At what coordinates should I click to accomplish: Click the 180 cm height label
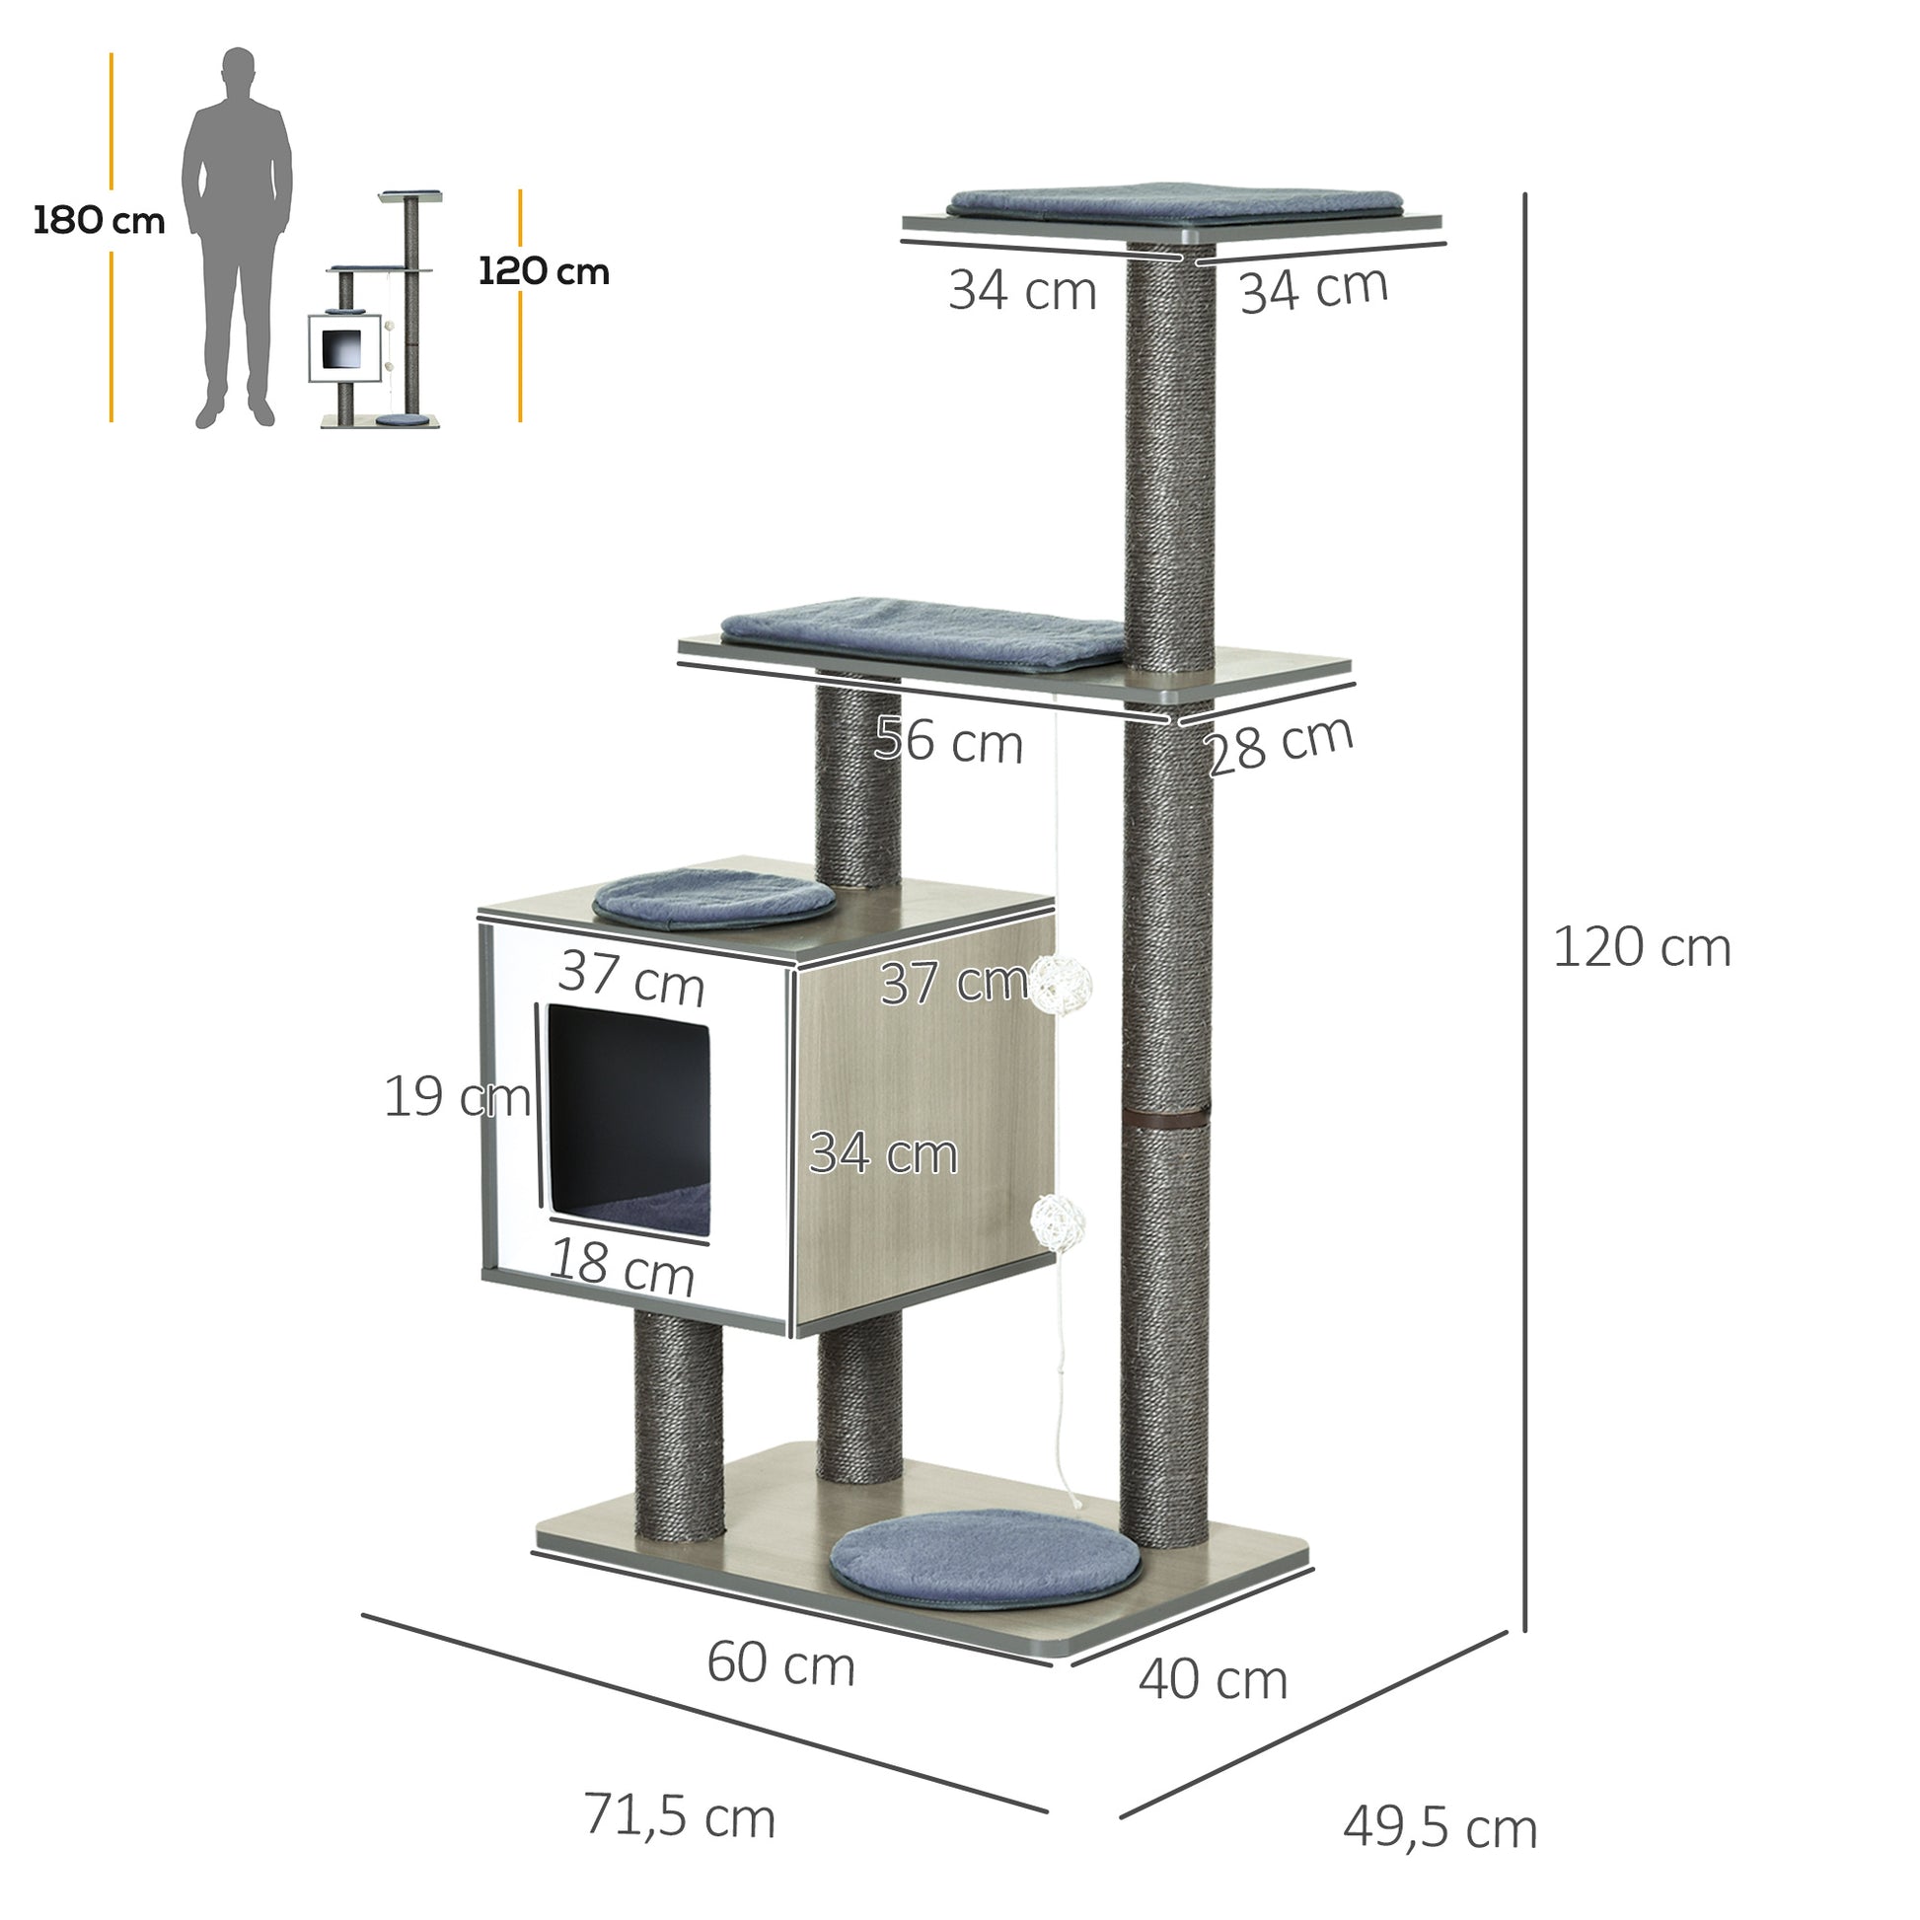pyautogui.click(x=100, y=221)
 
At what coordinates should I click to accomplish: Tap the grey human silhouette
pyautogui.click(x=237, y=237)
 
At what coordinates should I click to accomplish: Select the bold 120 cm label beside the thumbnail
pyautogui.click(x=544, y=271)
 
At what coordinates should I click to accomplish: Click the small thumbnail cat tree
pyautogui.click(x=376, y=309)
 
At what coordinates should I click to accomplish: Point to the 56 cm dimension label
pyautogui.click(x=949, y=741)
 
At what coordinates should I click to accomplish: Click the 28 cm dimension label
pyautogui.click(x=1280, y=745)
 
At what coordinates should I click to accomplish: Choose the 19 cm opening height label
pyautogui.click(x=457, y=1097)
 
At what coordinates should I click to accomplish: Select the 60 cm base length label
pyautogui.click(x=781, y=1664)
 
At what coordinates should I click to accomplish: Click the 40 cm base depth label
pyautogui.click(x=1214, y=1680)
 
